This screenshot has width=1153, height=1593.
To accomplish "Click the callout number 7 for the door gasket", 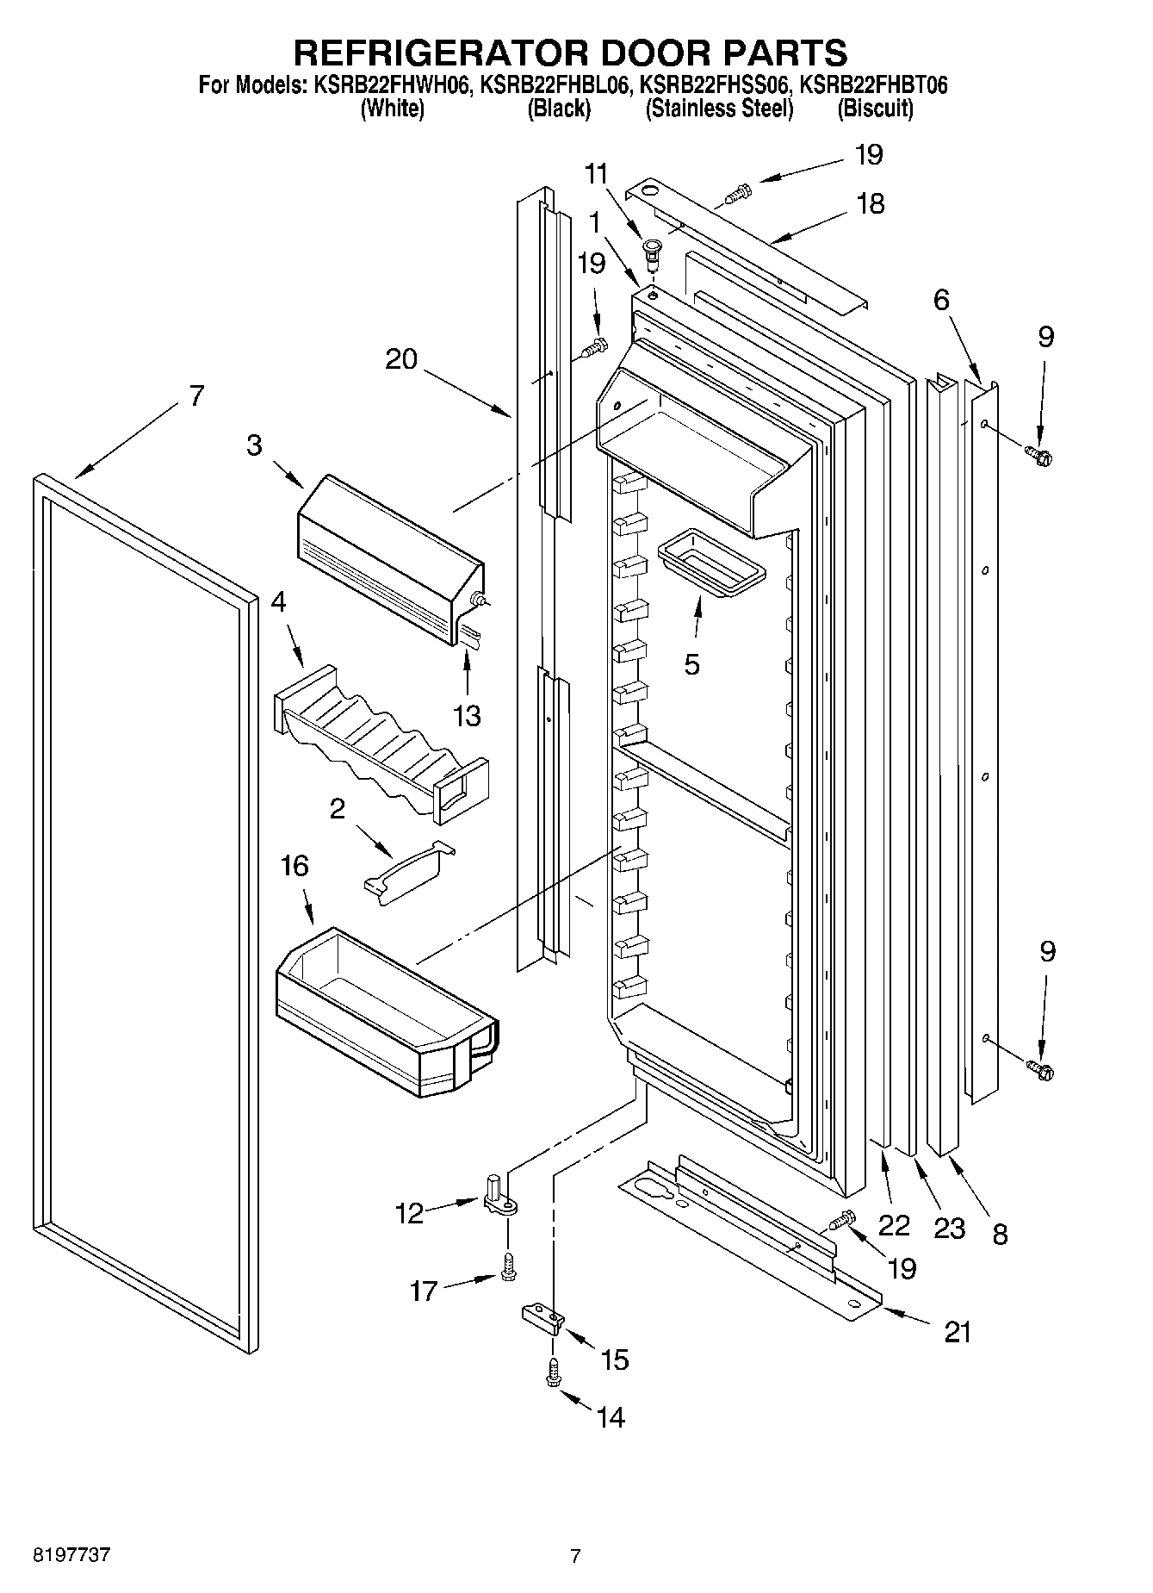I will tap(196, 397).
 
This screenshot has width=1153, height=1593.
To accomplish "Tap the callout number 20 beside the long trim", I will tap(400, 359).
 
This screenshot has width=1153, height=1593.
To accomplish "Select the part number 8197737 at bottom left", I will tap(71, 1557).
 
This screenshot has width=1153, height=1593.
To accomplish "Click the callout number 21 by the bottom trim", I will tap(958, 1332).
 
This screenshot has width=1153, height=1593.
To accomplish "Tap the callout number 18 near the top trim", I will tap(871, 204).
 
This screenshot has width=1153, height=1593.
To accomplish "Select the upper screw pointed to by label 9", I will tap(1039, 455).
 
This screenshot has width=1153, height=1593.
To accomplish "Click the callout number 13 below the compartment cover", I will tap(468, 716).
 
